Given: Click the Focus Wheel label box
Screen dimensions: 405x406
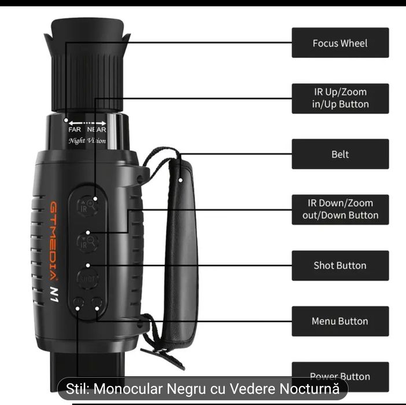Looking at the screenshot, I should click(x=339, y=43).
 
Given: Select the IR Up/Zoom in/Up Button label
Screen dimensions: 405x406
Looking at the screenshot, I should click(x=339, y=98).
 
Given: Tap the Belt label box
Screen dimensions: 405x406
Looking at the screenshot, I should click(x=339, y=154).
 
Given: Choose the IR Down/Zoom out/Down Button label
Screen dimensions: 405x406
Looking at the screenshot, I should click(x=339, y=209).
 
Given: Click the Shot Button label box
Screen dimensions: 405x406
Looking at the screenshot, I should click(x=339, y=265).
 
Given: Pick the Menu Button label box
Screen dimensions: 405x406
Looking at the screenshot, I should click(x=339, y=321).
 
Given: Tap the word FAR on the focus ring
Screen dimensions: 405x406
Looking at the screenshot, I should click(x=75, y=130).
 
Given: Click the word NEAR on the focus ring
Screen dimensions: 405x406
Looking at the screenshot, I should click(x=97, y=130).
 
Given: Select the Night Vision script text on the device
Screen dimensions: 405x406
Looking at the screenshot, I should click(x=87, y=141).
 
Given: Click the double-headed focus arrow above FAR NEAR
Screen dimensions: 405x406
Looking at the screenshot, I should click(x=87, y=123).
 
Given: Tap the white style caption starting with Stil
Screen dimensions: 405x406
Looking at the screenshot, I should click(x=202, y=388).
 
